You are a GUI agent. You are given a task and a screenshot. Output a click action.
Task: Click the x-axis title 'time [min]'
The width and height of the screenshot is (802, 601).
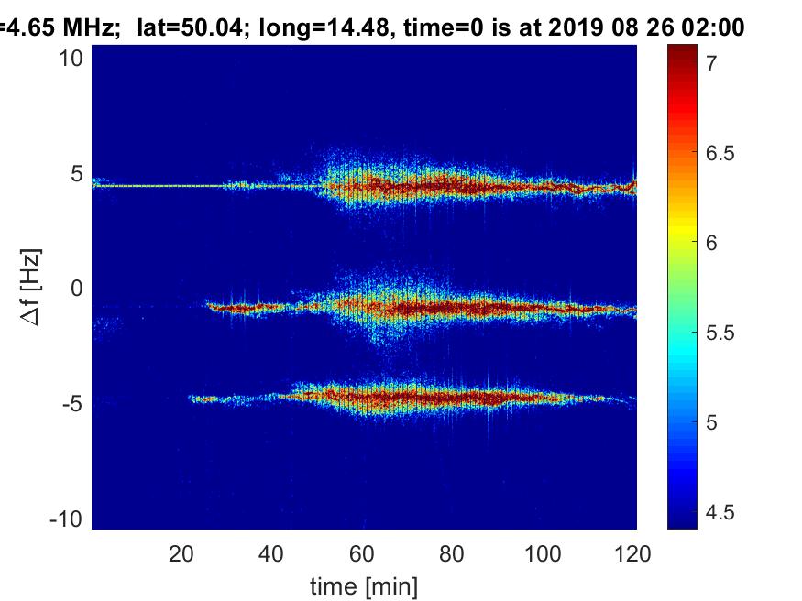364,584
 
